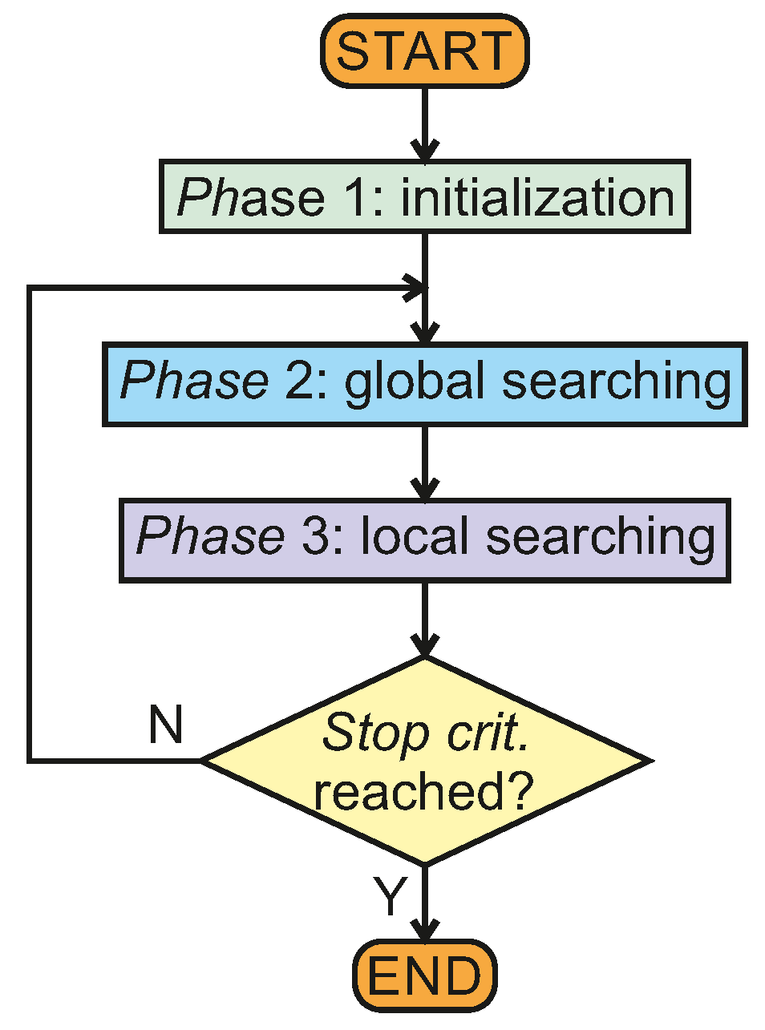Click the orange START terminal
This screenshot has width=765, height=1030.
(x=424, y=50)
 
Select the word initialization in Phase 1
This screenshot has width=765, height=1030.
(x=537, y=198)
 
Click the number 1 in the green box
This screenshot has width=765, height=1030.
(x=353, y=198)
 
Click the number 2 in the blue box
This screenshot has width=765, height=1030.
(x=297, y=381)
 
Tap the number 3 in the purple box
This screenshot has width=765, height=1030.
(x=314, y=536)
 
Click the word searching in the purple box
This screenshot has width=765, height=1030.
(x=600, y=538)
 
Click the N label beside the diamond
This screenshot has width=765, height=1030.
(x=166, y=725)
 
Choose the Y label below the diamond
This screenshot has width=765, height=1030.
(x=391, y=897)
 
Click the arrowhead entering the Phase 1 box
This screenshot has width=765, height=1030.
(x=424, y=151)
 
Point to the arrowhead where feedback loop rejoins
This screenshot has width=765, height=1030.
(x=415, y=287)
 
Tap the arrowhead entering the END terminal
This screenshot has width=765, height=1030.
(x=424, y=930)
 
